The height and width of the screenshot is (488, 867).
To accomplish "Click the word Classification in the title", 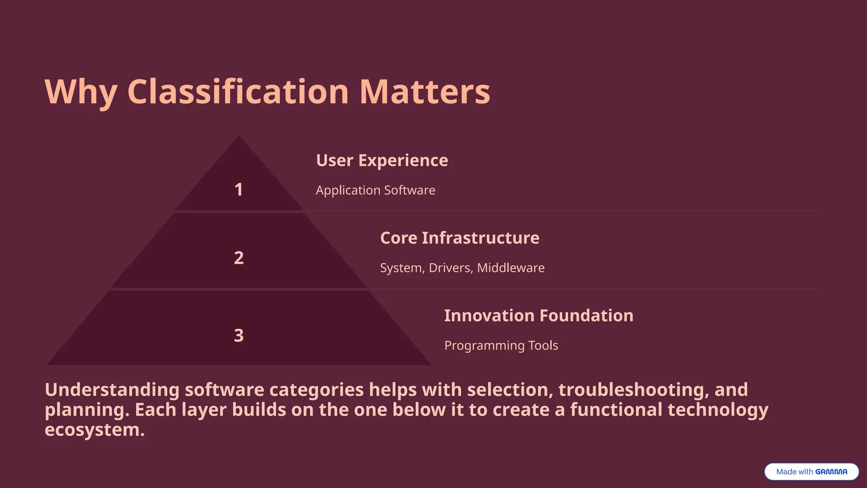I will click(x=238, y=91).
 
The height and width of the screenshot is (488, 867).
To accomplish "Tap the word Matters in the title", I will click(x=425, y=91).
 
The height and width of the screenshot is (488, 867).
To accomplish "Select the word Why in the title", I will click(x=80, y=92).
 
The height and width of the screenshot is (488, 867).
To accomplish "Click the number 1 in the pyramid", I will click(x=239, y=189).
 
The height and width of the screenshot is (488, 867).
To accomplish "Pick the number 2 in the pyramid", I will click(x=239, y=258).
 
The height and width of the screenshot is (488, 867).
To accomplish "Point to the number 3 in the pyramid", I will click(x=239, y=335).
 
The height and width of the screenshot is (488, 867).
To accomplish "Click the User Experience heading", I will click(x=382, y=161).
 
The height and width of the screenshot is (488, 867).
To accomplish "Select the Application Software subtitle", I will click(x=375, y=190).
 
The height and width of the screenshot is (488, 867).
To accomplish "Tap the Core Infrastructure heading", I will click(x=459, y=238).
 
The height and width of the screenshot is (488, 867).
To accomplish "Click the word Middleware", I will click(x=511, y=268).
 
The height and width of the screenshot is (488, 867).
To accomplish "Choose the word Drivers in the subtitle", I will click(x=450, y=268).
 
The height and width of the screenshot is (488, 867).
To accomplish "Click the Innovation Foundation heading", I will click(x=538, y=316).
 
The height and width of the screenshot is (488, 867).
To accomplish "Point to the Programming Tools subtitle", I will click(x=501, y=345).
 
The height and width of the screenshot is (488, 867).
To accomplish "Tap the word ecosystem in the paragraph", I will click(x=94, y=430).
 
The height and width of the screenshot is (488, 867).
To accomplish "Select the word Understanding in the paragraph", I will click(x=112, y=390).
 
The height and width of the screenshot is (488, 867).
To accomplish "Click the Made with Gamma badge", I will click(x=811, y=471).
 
